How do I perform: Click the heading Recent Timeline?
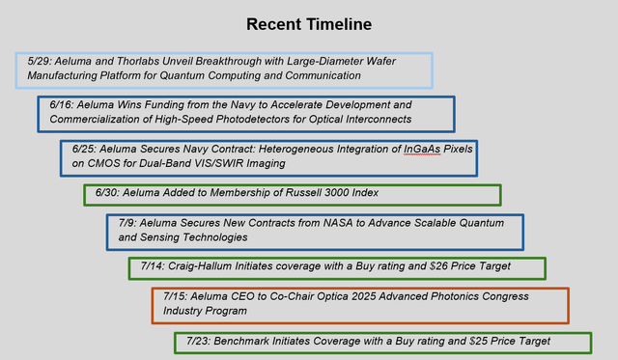308,24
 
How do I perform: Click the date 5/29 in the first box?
41,61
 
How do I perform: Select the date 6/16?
64,104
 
